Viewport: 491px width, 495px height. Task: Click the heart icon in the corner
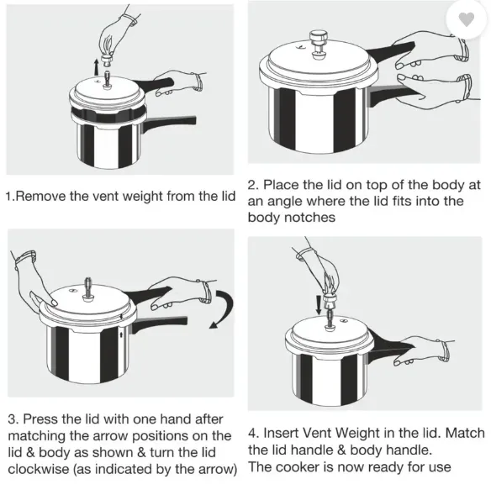click(466, 19)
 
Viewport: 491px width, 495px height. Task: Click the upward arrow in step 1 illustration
click(97, 67)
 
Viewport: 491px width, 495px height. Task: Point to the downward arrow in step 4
click(319, 304)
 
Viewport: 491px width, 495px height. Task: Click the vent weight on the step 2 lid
click(319, 45)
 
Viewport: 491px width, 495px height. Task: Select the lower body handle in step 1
click(169, 124)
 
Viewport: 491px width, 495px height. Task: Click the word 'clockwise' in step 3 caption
click(39, 469)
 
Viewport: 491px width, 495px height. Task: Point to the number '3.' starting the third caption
click(13, 419)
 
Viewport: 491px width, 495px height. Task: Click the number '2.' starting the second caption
click(253, 185)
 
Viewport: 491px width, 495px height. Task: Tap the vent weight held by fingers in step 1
click(108, 58)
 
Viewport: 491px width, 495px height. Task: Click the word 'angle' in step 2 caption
click(282, 202)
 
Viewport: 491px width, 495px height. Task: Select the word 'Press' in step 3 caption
click(40, 419)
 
